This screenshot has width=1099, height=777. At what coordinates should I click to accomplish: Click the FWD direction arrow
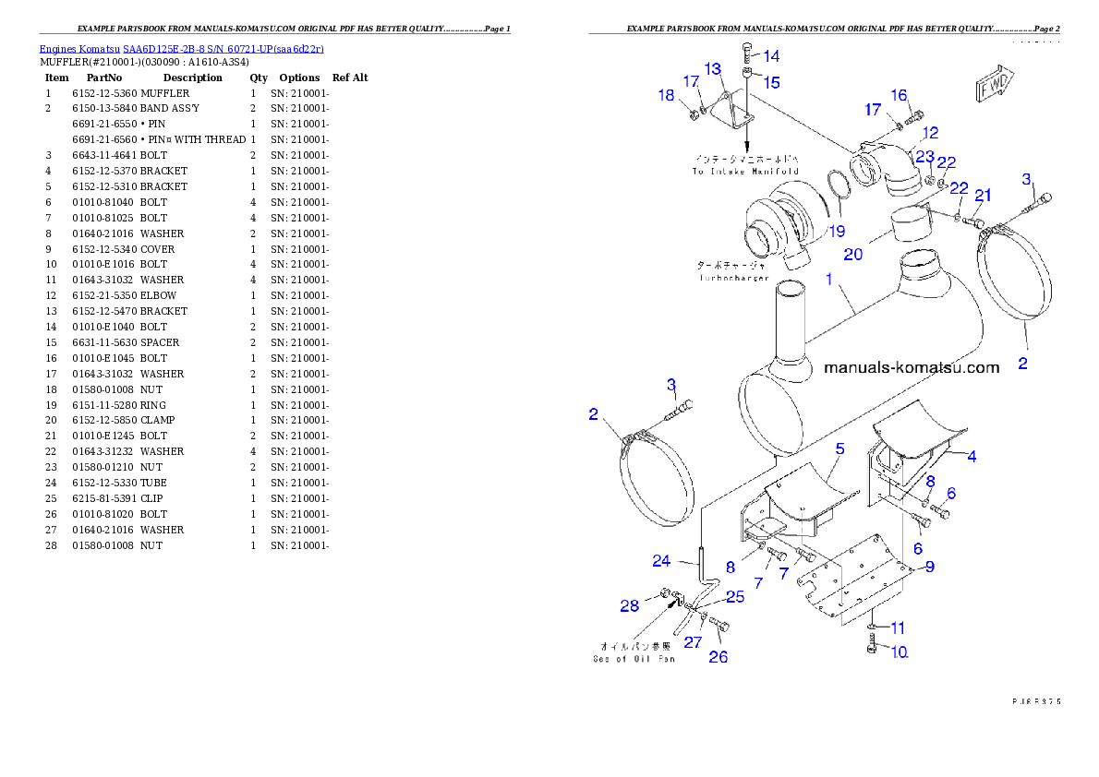[x=992, y=84]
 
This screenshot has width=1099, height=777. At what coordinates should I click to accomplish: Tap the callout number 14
[x=770, y=56]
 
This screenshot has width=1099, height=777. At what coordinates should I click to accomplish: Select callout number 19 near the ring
[x=835, y=231]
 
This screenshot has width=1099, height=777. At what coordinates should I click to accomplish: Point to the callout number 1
[x=829, y=278]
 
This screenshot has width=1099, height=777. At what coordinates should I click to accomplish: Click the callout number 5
[x=839, y=449]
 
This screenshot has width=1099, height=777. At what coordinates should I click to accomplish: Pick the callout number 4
[x=972, y=455]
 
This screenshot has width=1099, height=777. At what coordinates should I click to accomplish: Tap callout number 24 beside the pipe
[x=661, y=560]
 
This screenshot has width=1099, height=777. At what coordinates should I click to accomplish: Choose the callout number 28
[x=629, y=605]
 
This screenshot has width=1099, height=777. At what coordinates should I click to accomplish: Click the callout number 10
[x=900, y=651]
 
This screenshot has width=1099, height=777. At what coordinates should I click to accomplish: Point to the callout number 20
[x=852, y=253]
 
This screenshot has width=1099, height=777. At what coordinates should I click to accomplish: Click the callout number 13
[x=713, y=69]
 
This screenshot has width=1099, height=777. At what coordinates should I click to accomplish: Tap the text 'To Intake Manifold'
[x=745, y=172]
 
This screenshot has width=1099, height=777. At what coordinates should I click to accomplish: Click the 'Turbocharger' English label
[x=734, y=278]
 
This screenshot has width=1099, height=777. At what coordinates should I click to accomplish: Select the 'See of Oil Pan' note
[x=634, y=659]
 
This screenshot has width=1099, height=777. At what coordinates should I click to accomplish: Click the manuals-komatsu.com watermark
[x=911, y=367]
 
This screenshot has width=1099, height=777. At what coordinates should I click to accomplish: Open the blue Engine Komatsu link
[x=181, y=48]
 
